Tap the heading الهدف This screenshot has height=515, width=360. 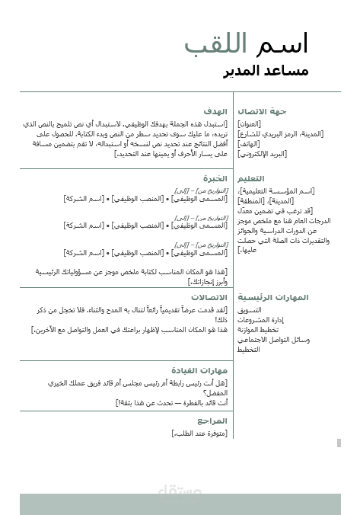[x=216, y=111]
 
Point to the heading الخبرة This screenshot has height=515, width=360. [x=216, y=178]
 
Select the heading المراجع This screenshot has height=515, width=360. [x=212, y=421]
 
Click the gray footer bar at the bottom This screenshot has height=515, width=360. [x=180, y=503]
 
